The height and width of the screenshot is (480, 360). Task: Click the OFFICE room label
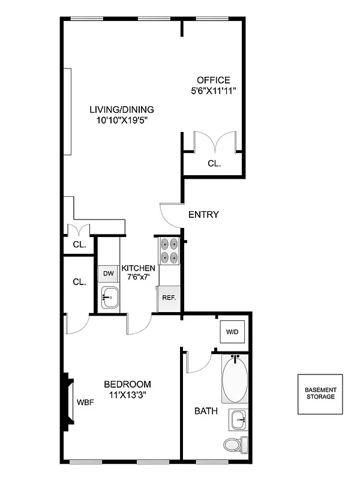coord(214,80)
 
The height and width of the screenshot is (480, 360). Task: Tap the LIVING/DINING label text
coord(122,110)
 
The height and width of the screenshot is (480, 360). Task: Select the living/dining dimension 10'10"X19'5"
coord(122,120)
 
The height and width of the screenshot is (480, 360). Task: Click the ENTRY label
coord(203,215)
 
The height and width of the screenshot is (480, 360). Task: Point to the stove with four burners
coord(169,251)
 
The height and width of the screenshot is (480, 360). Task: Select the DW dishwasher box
coord(109,274)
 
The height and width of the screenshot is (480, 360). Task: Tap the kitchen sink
coord(110,296)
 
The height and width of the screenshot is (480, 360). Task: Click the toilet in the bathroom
coord(234,445)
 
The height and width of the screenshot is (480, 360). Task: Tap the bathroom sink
coord(238,420)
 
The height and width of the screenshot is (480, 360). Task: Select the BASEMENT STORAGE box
coord(320,394)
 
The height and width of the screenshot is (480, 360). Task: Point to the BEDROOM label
coord(127,384)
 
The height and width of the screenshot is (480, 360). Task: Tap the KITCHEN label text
coord(139,268)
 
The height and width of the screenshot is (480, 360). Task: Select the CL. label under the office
coord(214,163)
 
